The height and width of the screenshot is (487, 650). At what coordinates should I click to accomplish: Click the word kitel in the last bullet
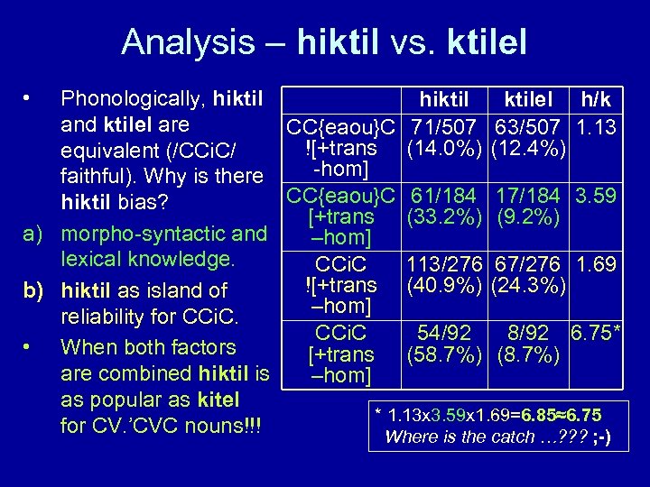218,399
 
